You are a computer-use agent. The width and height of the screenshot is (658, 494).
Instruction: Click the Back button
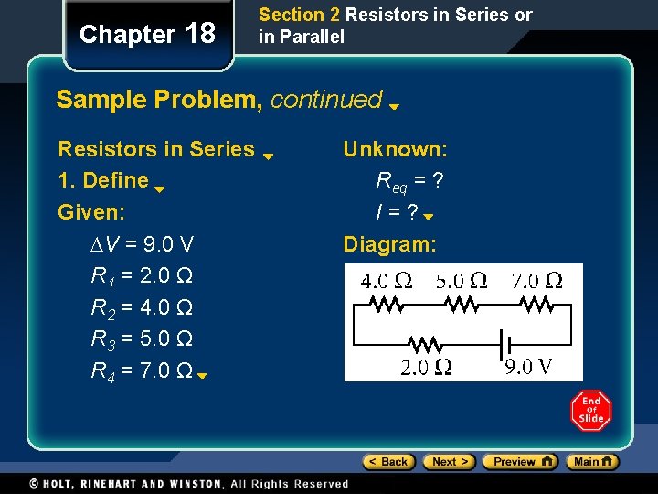click(388, 462)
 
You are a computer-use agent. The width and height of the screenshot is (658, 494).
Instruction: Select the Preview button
click(519, 462)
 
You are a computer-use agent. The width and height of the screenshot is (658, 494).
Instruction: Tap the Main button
click(592, 462)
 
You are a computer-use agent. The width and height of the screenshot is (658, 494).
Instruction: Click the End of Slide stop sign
click(591, 412)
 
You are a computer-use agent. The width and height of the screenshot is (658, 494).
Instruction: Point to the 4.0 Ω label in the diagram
click(386, 281)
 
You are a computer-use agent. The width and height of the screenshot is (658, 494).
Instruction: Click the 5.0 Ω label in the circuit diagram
click(461, 281)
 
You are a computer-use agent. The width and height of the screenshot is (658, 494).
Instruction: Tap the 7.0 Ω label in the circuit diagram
click(536, 281)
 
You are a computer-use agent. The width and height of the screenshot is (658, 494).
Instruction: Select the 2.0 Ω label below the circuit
click(426, 368)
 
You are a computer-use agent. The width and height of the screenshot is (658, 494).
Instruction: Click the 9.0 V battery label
click(530, 368)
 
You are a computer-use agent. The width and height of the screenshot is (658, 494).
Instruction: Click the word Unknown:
click(395, 149)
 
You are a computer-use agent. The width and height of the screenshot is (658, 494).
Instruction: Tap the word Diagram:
click(390, 244)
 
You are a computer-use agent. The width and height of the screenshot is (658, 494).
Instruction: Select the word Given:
click(91, 212)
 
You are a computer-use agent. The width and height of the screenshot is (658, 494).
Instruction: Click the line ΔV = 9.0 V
click(142, 244)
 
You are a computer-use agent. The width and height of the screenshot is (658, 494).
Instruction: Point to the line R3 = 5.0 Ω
click(141, 339)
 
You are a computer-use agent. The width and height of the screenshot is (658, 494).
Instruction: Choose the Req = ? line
click(410, 181)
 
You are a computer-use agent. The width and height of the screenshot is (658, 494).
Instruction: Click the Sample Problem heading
click(219, 100)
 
